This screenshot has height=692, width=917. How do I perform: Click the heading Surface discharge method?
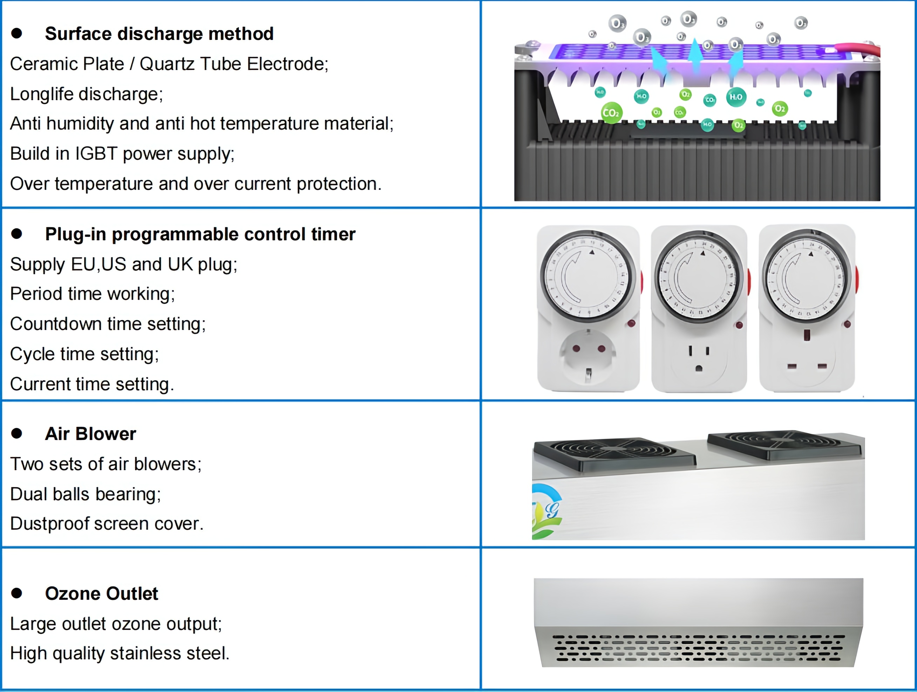coord(159,34)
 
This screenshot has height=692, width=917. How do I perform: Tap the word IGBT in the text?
coord(96,154)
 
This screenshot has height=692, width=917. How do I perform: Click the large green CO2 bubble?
coord(611,113)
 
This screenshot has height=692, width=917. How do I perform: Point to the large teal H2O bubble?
coord(736,97)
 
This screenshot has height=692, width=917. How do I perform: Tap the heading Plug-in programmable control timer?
coord(200,234)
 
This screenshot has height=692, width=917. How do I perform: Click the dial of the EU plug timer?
coord(587,277)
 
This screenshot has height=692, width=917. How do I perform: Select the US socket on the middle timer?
coord(699,359)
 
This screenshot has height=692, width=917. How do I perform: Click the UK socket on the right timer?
coord(807,359)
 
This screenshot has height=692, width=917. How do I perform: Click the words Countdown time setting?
coord(108,324)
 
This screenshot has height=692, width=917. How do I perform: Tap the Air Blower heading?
coord(90,434)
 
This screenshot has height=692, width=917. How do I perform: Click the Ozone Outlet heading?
coord(101,594)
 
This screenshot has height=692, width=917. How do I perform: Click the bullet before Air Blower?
coord(16,433)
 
